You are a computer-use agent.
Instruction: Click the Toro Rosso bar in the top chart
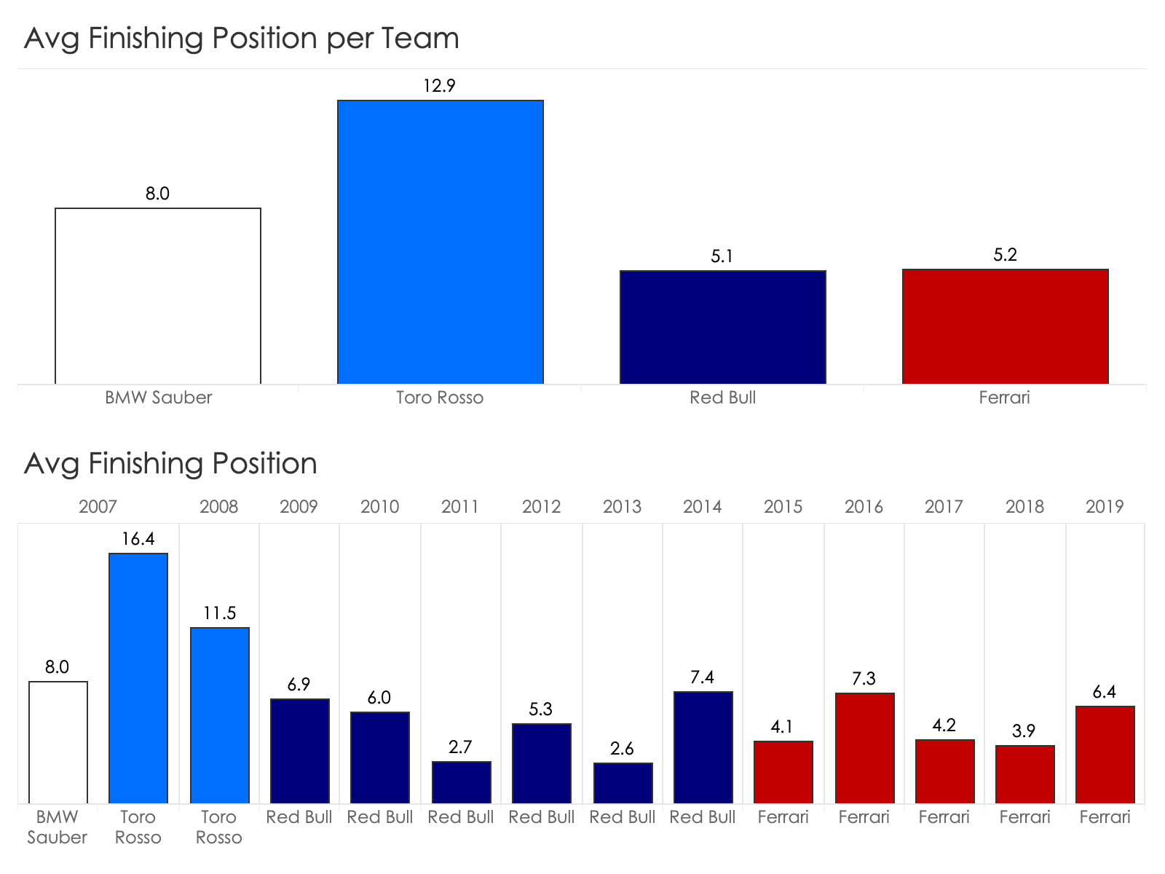point(440,242)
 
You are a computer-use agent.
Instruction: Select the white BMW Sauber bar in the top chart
point(158,296)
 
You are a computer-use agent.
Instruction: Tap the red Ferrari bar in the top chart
point(1005,326)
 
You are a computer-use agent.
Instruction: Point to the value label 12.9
point(439,86)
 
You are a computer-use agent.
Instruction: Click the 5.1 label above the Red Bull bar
point(722,256)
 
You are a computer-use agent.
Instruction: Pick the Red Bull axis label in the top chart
point(722,398)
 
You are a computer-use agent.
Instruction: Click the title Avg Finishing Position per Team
point(242,38)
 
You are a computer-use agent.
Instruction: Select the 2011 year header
point(460,506)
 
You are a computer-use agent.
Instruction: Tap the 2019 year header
point(1105,506)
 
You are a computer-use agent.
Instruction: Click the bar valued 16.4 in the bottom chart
point(138,678)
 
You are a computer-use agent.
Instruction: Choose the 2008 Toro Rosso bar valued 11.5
point(219,715)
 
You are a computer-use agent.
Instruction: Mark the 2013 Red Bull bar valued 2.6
point(623,783)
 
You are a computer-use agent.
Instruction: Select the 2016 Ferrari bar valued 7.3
point(864,748)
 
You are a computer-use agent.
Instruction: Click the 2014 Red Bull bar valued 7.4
point(703,747)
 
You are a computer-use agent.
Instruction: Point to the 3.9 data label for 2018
point(1024,731)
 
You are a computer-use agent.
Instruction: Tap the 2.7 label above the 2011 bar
point(460,747)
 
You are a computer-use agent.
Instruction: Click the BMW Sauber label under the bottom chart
point(57,827)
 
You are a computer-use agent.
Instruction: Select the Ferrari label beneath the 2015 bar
point(783,817)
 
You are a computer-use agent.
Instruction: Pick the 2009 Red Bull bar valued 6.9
point(299,751)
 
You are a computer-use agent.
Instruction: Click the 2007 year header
point(98,506)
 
